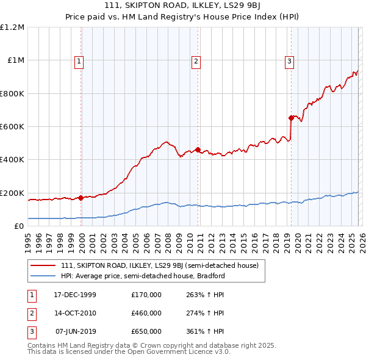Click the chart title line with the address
[183, 5]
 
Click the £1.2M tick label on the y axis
[12, 27]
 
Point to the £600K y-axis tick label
[12, 127]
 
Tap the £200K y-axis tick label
[12, 193]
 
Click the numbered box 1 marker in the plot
[81, 60]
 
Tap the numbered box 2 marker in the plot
[196, 60]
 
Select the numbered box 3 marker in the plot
[289, 60]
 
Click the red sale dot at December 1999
[81, 198]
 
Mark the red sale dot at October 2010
[198, 149]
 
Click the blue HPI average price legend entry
[143, 276]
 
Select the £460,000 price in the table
[146, 313]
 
